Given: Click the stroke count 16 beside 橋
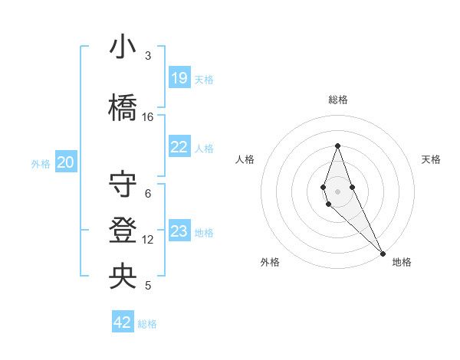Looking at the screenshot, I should [148, 117].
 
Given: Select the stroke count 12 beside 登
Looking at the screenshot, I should [148, 240].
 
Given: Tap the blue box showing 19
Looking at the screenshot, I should [179, 78].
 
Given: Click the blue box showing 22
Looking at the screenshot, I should [179, 148].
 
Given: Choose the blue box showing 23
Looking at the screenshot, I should [179, 231].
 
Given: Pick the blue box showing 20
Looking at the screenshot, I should [66, 162].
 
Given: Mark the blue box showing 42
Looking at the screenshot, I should [123, 322].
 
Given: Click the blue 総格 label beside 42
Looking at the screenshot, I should [147, 324].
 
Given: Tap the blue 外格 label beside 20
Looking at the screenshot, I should [41, 163].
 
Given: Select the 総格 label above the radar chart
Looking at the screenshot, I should [338, 100].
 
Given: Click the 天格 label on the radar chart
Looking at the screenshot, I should [432, 159].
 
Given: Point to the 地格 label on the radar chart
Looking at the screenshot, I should [402, 262].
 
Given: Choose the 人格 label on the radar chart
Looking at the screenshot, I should [245, 159].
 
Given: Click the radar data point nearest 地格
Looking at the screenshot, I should [383, 253].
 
